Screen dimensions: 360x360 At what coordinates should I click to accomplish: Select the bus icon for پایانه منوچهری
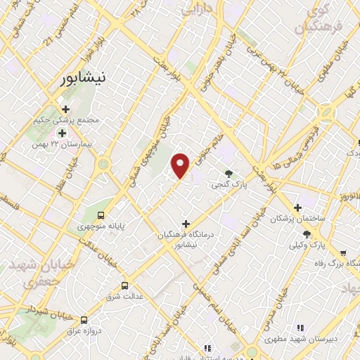101,215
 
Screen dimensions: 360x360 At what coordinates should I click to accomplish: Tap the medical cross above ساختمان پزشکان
298,208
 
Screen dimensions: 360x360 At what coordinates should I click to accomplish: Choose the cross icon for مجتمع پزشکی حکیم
65,110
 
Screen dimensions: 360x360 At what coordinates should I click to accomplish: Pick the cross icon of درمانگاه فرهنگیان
186,224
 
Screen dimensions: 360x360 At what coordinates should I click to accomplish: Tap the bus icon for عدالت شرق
124,285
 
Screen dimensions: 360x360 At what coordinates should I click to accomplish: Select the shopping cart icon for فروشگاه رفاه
342,252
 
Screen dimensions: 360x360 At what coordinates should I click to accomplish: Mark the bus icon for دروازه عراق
85,319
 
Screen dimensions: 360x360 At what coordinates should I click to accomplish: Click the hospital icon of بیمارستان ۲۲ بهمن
63,133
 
